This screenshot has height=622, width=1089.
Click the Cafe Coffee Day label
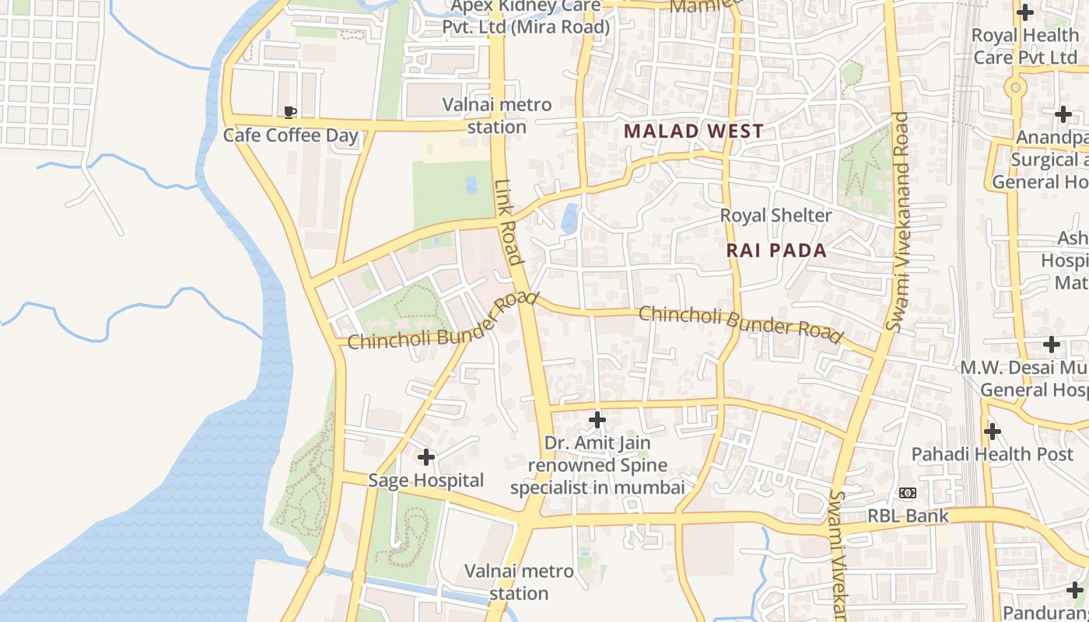coord(290,135)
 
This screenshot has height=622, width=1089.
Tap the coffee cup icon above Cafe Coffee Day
coord(290,113)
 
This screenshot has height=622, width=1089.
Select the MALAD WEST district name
coord(694,131)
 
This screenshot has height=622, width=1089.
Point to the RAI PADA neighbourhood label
coord(776,250)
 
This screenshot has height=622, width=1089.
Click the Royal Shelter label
coord(776,215)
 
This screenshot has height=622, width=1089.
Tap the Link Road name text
coord(508,222)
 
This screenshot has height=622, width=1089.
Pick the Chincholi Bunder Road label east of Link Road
coord(741,323)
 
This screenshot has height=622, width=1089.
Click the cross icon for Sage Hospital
coord(425,456)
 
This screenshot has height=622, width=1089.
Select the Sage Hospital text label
coord(425,480)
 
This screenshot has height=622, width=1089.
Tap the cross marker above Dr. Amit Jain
coord(597,421)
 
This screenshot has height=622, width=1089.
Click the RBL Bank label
coord(908,515)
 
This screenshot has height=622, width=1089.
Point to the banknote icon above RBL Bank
coord(907,493)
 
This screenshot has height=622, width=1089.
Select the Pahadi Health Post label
coord(992,454)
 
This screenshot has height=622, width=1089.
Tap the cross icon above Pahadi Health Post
coord(992,431)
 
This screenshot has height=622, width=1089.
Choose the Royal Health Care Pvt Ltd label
coord(1024,47)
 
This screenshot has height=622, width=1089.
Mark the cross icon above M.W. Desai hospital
coord(1052,344)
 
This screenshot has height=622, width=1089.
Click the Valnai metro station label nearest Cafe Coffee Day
coord(497,115)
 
